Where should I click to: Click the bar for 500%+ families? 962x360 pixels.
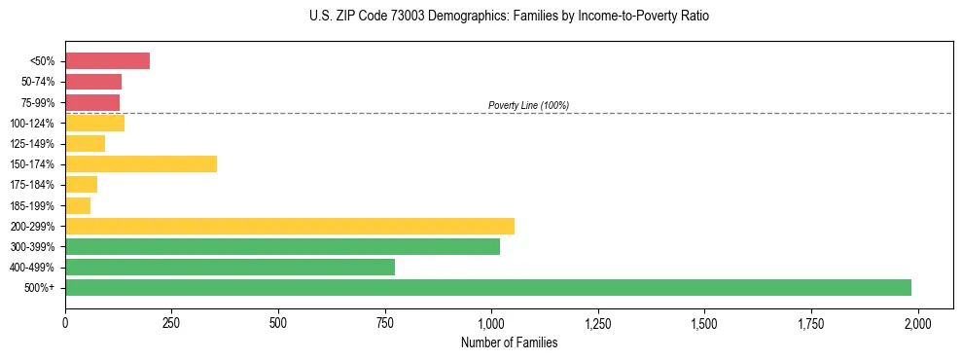coord(487,287)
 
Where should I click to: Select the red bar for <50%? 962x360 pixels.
coord(107,61)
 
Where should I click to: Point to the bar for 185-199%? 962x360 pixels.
coord(78,205)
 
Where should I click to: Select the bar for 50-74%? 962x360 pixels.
coord(93,82)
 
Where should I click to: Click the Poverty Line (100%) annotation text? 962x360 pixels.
coord(528,105)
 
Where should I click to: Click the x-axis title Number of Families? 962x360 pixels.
coord(509,342)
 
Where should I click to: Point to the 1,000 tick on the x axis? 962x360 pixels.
coord(491,322)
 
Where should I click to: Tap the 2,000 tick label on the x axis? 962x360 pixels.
coord(917,322)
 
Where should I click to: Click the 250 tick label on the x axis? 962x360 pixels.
coord(171,322)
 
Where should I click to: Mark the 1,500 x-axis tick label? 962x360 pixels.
coord(704,322)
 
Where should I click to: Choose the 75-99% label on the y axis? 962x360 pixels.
coord(37,103)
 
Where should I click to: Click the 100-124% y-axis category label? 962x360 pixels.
coord(34,124)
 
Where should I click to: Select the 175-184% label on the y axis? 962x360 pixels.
coord(34,185)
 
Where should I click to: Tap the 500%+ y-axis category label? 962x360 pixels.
coord(40,288)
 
